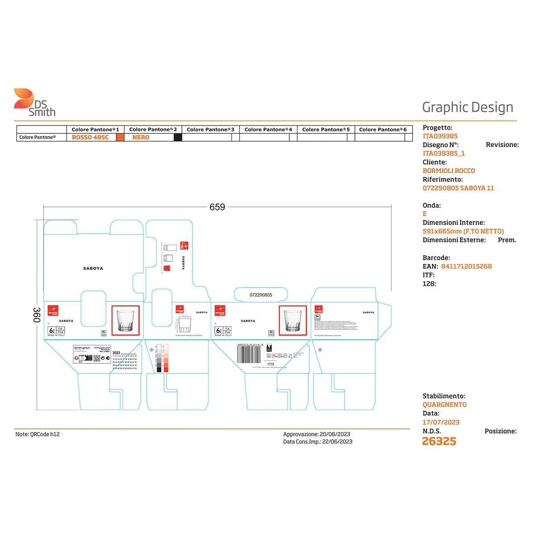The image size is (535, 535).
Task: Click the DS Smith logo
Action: point(34,103)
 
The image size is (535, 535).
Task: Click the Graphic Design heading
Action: point(467,107)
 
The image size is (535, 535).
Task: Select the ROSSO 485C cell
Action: point(90,137)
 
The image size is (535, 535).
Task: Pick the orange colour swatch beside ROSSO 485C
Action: point(120,137)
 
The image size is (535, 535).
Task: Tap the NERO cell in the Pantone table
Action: point(141,137)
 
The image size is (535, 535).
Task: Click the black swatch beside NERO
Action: point(178,137)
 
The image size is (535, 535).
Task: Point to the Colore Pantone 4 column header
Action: point(268,129)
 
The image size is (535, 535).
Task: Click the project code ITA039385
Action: point(440,136)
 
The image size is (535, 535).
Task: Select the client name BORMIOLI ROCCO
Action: point(449,171)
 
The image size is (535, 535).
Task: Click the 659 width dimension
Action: point(217,207)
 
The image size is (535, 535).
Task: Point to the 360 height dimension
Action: point(37,314)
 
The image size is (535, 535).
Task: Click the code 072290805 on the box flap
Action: point(261,295)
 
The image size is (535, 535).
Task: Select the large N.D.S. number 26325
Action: point(439,441)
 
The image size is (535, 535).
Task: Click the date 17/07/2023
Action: point(441,422)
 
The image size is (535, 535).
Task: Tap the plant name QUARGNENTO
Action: point(444,405)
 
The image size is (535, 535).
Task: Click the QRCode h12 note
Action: point(37,434)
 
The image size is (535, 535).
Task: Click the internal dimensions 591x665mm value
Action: point(463,231)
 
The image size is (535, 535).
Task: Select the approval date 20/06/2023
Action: point(335,434)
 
